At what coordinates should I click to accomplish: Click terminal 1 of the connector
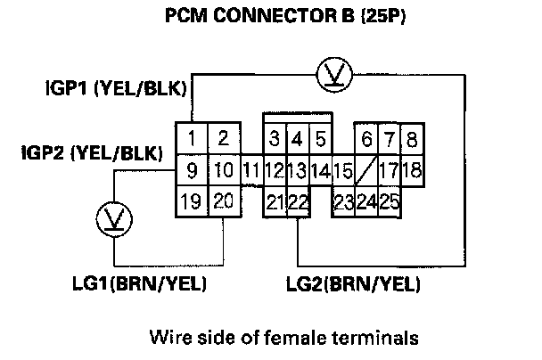click(x=192, y=138)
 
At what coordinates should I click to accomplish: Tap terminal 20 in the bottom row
click(x=224, y=200)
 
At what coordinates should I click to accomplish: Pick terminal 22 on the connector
click(x=298, y=200)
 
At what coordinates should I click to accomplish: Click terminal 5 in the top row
click(x=320, y=138)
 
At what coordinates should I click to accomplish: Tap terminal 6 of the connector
click(x=366, y=138)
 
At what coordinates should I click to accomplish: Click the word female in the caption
click(x=327, y=337)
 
